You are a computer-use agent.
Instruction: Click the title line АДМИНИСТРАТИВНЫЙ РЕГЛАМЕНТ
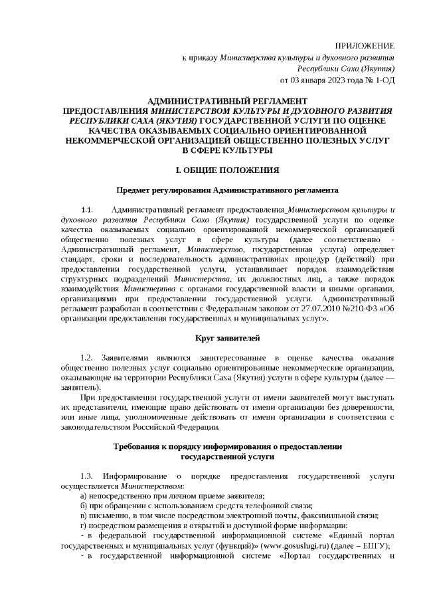tap(226, 98)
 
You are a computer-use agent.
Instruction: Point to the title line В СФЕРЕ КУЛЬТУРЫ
tap(226, 151)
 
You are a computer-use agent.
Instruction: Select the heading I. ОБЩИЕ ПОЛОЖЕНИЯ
tap(226, 170)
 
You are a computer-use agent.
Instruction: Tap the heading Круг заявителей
tap(226, 339)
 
